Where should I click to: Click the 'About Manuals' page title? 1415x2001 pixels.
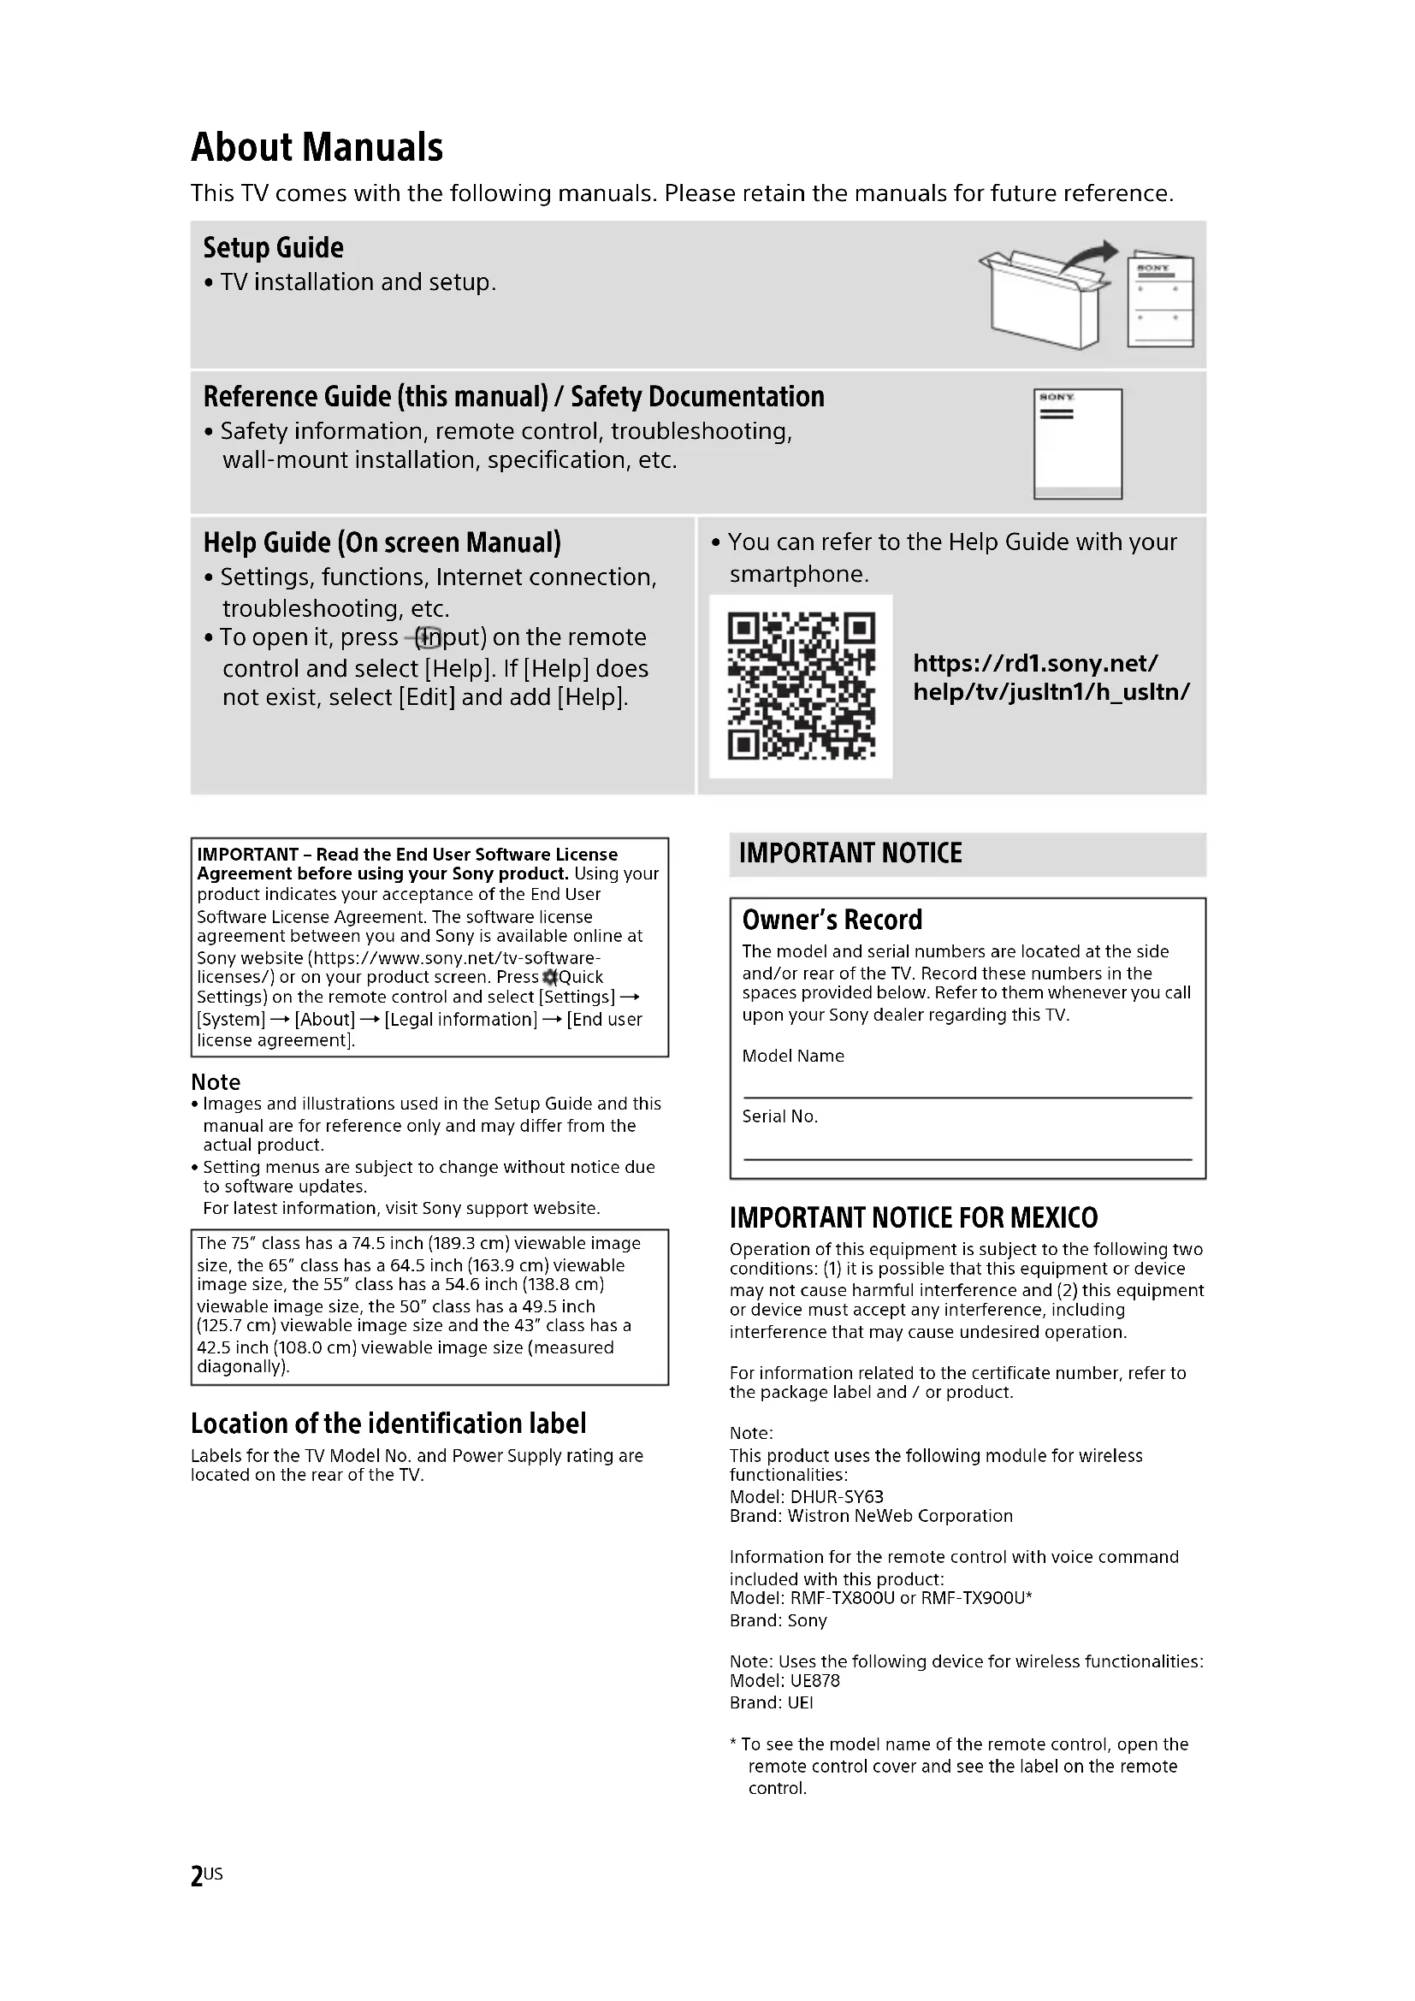[317, 147]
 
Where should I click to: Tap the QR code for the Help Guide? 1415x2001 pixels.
[801, 686]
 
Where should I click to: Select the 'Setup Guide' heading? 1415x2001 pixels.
[273, 247]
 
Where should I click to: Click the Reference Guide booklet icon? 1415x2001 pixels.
[1078, 444]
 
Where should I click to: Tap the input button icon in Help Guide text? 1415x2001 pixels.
[426, 638]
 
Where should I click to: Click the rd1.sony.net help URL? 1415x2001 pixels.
[1051, 678]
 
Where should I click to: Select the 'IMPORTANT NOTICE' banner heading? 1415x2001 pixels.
[850, 852]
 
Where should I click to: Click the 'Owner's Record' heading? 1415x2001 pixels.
[832, 920]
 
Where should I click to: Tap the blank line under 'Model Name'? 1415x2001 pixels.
[968, 1097]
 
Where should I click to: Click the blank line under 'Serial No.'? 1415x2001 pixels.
[968, 1158]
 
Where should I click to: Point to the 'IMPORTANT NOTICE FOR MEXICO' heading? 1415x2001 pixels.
[913, 1217]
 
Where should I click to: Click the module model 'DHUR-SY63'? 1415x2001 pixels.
[837, 1496]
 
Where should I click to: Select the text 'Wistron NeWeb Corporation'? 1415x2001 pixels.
[900, 1516]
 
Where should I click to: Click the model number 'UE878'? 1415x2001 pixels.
[814, 1680]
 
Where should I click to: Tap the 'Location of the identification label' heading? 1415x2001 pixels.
[388, 1424]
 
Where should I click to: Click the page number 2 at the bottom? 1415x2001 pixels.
[197, 1876]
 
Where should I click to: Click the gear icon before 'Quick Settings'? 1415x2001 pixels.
[550, 977]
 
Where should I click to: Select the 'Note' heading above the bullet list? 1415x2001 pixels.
[216, 1081]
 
